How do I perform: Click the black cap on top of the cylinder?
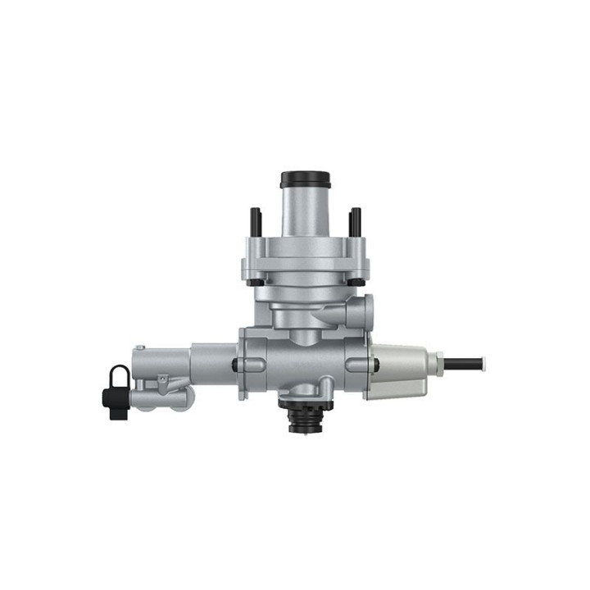click(x=305, y=179)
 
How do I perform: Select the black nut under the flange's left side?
click(x=257, y=284)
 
